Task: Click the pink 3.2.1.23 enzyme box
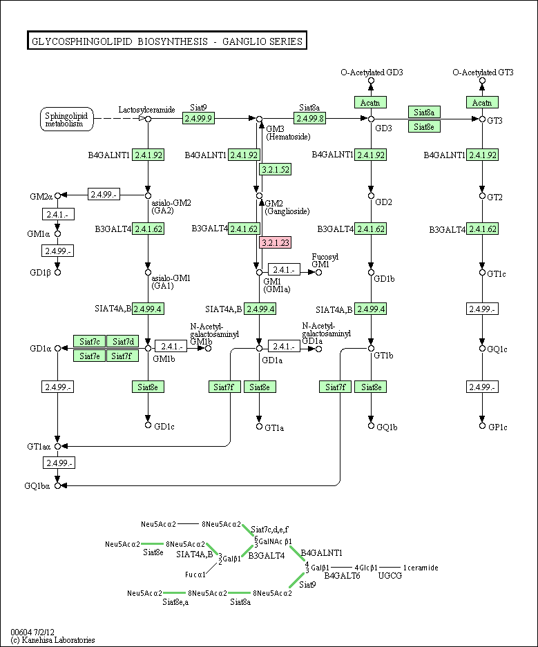click(x=275, y=242)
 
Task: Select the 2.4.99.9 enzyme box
click(x=199, y=118)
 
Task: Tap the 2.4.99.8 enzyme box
click(x=309, y=118)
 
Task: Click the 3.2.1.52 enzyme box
click(x=275, y=168)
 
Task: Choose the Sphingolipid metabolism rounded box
click(x=65, y=119)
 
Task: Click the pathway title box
click(x=166, y=41)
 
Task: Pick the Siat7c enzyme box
click(x=90, y=341)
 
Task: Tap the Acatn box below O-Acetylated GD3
click(x=371, y=102)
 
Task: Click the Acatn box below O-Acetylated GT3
click(x=483, y=102)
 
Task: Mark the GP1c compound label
click(x=497, y=427)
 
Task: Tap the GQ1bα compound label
click(x=37, y=486)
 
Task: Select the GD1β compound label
click(x=39, y=272)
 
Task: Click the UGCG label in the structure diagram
click(x=390, y=576)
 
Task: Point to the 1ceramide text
click(x=421, y=568)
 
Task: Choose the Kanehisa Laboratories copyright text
click(x=52, y=640)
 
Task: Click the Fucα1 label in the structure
click(x=196, y=574)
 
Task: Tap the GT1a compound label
click(x=274, y=427)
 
